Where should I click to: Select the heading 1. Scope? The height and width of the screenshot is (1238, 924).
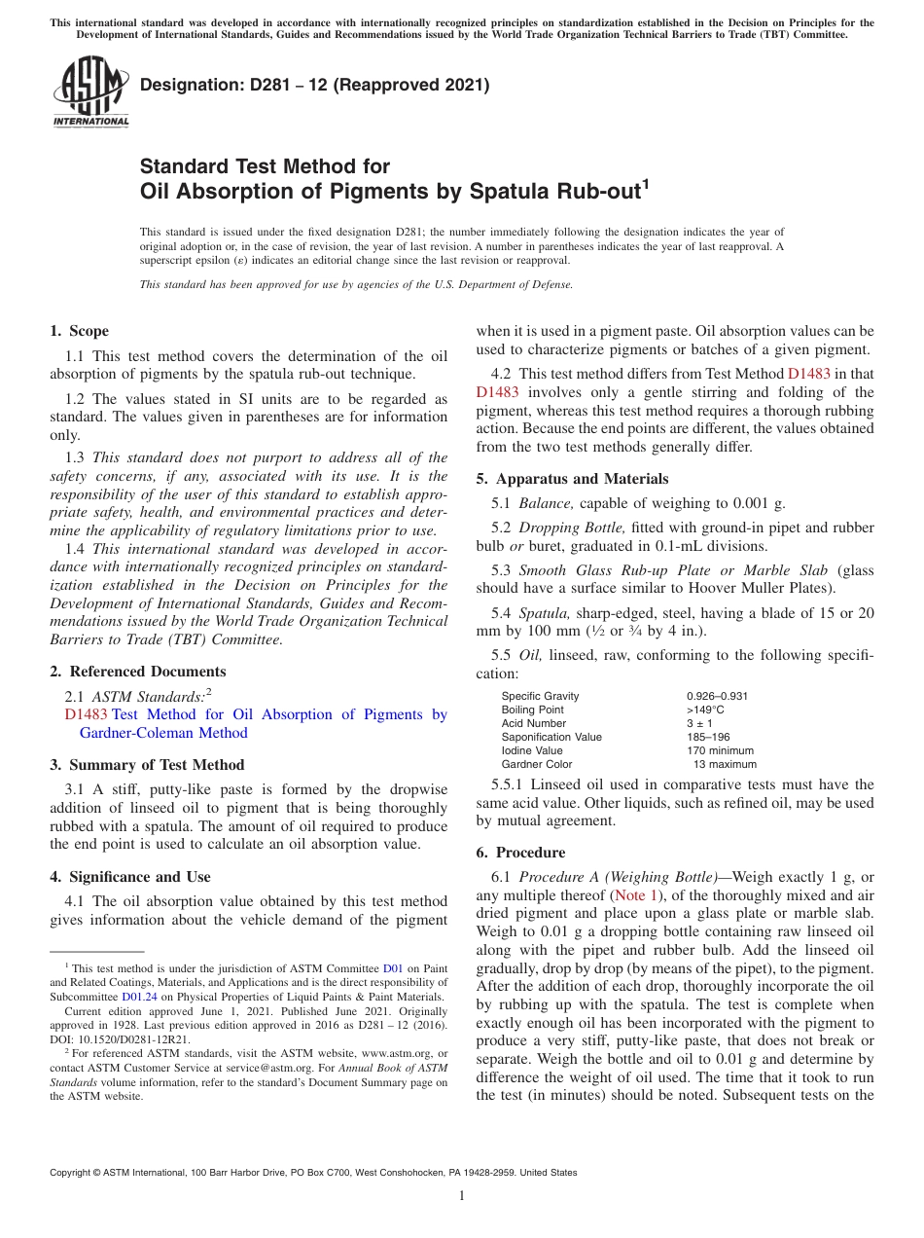coord(80,331)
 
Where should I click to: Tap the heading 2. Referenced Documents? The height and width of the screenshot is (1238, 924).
coord(137,672)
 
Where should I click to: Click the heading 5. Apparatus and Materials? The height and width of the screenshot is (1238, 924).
coord(572,479)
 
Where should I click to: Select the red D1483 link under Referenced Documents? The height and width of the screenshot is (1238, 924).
coord(86,714)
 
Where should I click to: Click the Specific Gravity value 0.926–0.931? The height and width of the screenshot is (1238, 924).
coord(717,696)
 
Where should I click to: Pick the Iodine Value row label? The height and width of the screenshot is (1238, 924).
coord(531,750)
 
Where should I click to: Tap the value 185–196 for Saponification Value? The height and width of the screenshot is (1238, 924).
coord(708,737)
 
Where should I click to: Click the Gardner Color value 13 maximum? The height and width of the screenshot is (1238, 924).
coord(724,764)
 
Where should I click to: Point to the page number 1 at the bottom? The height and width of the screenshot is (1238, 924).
coord(462,1195)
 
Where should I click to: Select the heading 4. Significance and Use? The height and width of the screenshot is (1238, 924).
coord(129,877)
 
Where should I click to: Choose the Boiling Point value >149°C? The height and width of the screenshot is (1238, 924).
coord(705,710)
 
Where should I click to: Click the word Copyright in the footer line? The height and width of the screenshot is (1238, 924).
coord(71,1173)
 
